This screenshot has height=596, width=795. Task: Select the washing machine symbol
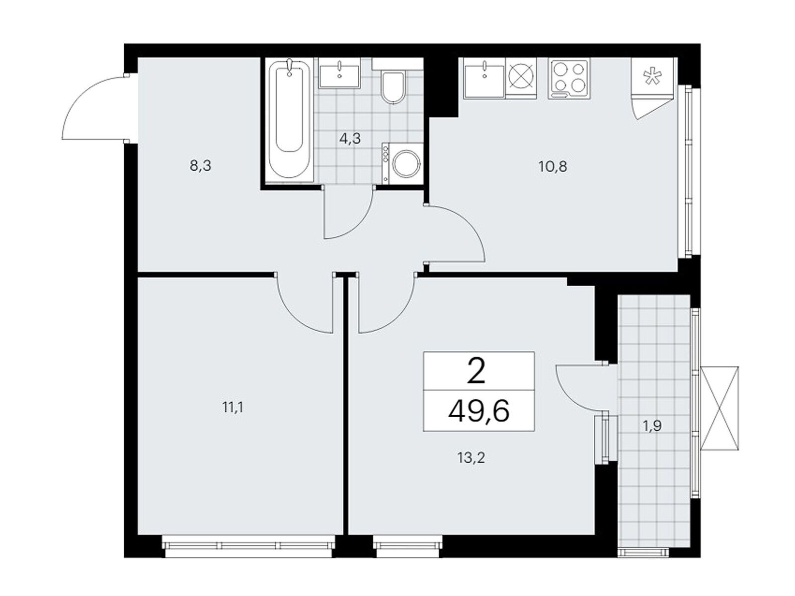click(402, 163)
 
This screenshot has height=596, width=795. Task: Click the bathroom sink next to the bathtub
click(339, 74)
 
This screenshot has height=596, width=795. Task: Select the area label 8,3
click(200, 166)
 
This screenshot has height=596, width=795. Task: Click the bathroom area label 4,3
click(350, 138)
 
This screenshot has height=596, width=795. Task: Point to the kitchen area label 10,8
click(553, 167)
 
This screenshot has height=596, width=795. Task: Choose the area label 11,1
click(233, 408)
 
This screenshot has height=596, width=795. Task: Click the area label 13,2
click(471, 458)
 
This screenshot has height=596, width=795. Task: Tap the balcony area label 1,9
click(652, 426)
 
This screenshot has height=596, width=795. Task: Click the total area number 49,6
click(478, 412)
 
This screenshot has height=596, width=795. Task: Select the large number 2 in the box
click(477, 372)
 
